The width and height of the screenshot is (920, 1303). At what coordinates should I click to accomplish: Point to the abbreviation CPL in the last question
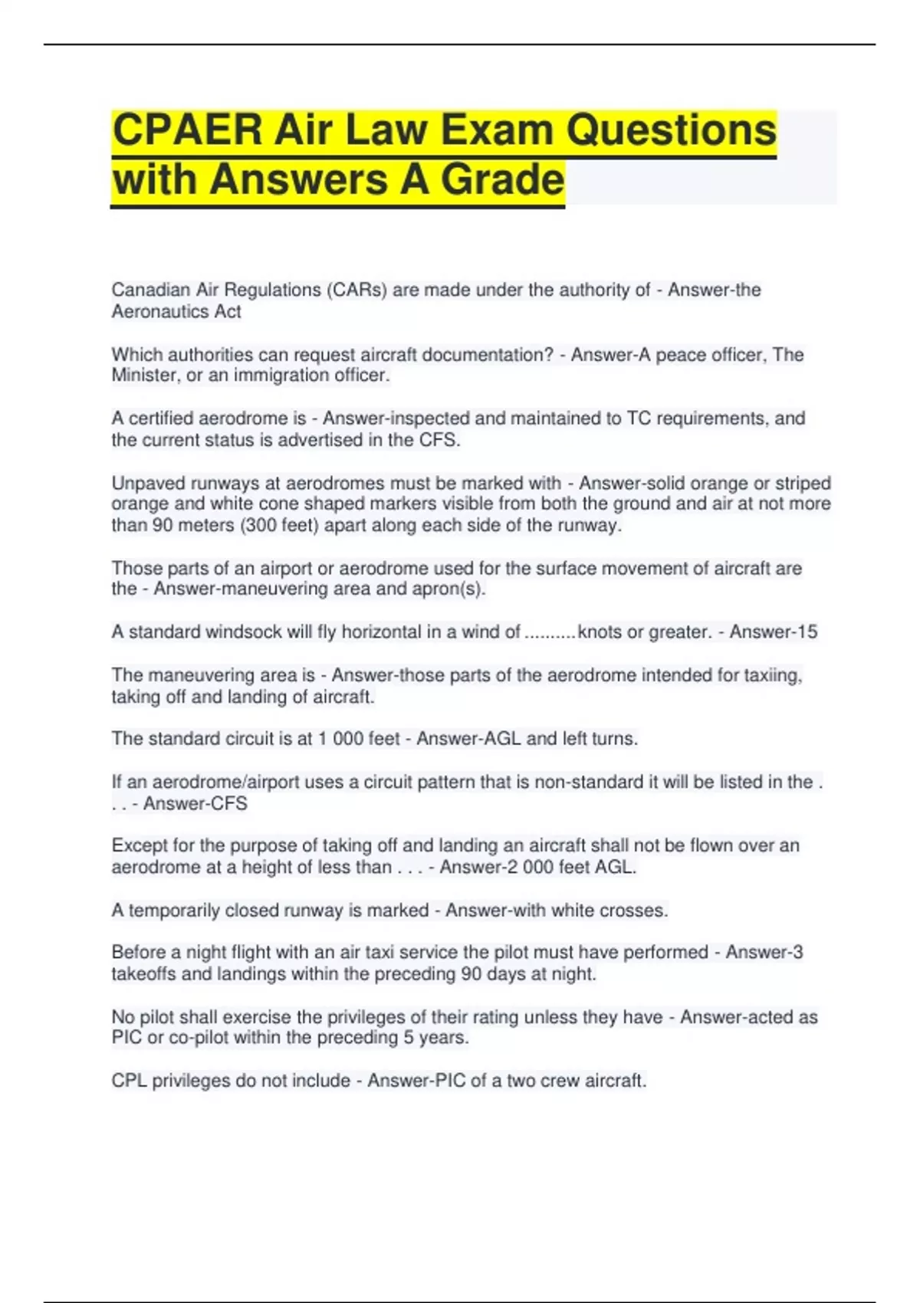(129, 1081)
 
